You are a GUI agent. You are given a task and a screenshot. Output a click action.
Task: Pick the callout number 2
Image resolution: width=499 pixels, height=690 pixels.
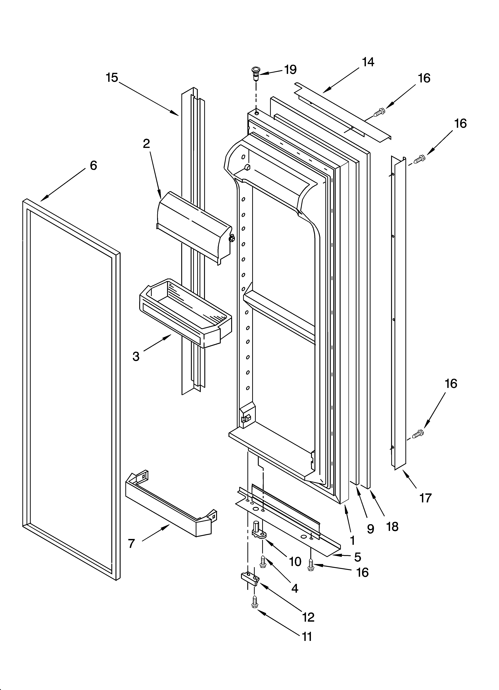[147, 144]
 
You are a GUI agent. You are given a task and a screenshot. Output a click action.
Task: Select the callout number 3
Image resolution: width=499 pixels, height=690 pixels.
[136, 356]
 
